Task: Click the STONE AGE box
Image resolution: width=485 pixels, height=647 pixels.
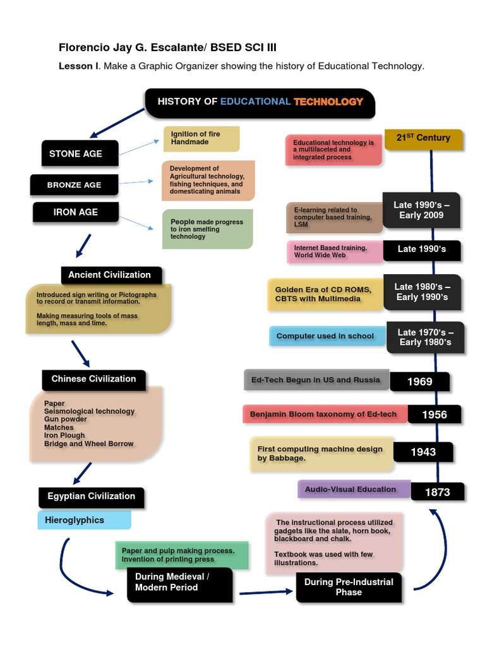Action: [x=75, y=154]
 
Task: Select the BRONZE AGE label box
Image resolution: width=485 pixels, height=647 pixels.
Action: [x=74, y=185]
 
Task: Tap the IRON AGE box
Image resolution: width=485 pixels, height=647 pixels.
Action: [x=76, y=212]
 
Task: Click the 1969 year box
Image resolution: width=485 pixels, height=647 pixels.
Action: [x=420, y=382]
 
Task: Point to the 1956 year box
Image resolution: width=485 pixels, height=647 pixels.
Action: [x=434, y=414]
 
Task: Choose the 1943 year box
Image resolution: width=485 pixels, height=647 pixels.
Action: [x=423, y=452]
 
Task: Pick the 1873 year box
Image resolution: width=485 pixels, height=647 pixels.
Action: [x=437, y=492]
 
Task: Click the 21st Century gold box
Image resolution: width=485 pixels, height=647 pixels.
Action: [x=423, y=138]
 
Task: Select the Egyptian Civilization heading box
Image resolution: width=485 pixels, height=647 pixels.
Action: [x=91, y=497]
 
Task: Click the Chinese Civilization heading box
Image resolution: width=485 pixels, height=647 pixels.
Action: [x=93, y=379]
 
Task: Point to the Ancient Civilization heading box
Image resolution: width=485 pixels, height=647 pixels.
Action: [x=110, y=275]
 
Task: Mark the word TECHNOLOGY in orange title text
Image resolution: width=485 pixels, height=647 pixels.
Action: [x=328, y=101]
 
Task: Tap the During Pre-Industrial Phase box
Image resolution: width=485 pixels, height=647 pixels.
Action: [x=349, y=587]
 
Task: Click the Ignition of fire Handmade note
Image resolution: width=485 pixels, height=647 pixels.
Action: [x=201, y=138]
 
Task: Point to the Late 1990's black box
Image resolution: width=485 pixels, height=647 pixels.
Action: [x=421, y=250]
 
